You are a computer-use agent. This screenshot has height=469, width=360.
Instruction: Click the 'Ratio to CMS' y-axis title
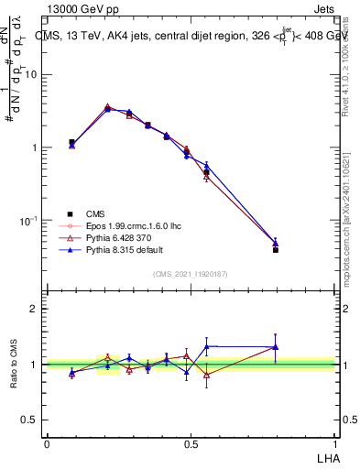point(14,364)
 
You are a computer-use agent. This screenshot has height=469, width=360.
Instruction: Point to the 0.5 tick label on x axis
point(191,443)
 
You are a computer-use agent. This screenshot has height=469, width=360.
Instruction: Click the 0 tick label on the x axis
point(47,443)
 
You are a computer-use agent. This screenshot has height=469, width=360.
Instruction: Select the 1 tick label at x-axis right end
point(333,443)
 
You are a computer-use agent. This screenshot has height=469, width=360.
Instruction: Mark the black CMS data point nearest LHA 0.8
point(276,249)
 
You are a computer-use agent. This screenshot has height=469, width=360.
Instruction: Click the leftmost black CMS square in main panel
point(71,142)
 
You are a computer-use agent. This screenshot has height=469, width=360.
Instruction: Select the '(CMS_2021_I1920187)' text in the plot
point(190,273)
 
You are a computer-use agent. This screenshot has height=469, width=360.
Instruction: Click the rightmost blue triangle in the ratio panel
point(276,347)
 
